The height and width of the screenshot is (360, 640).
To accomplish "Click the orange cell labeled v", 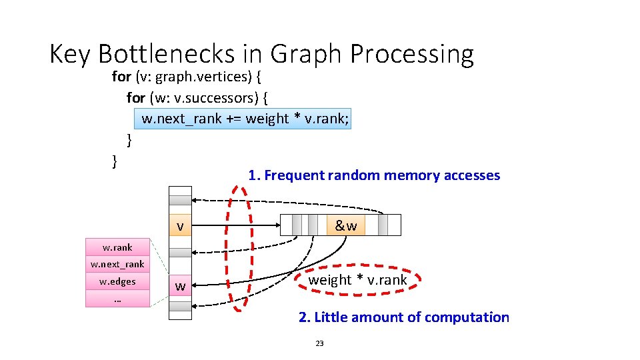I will click(180, 226).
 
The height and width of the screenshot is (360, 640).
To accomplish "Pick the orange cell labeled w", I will click(180, 286).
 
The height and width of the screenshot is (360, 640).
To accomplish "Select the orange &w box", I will click(346, 225).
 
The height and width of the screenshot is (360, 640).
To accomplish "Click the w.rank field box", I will click(117, 247).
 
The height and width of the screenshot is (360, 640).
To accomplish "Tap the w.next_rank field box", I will click(117, 265).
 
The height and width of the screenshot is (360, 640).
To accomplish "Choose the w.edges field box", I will click(117, 281).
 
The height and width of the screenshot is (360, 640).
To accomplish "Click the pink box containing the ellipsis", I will click(117, 299).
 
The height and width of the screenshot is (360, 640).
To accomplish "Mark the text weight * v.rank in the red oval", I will click(357, 280).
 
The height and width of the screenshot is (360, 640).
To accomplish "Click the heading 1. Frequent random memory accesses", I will click(374, 175).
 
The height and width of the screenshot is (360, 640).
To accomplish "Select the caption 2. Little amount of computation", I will click(403, 317).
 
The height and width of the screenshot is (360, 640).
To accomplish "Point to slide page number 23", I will click(319, 343).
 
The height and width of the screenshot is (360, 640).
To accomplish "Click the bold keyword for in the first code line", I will click(121, 77).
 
